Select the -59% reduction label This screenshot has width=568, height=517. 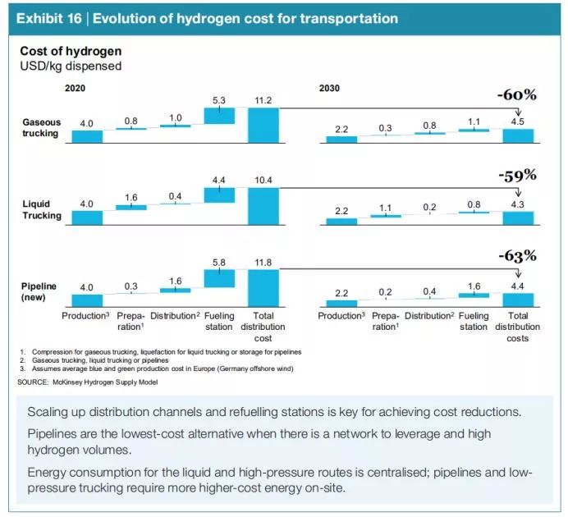coord(516,175)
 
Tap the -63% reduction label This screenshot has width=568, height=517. coord(516,256)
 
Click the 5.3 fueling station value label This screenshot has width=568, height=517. coord(219,100)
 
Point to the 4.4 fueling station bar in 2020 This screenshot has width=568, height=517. coord(219,195)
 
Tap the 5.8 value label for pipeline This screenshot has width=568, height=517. coord(219,261)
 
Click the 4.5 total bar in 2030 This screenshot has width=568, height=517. coord(518,135)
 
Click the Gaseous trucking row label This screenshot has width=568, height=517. coord(41,127)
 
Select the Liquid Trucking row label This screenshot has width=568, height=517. coord(42,209)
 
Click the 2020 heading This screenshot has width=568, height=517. coord(75,87)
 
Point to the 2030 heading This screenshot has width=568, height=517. coord(329,87)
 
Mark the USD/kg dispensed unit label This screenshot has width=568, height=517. coord(71,66)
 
